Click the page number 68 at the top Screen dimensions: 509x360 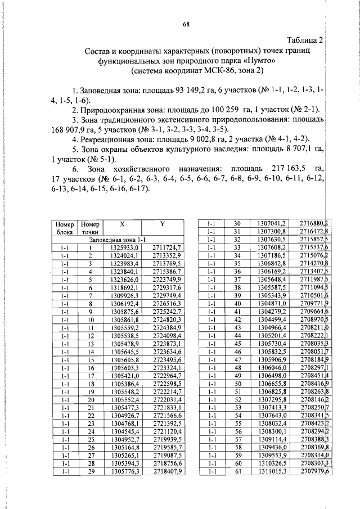(x=186, y=24)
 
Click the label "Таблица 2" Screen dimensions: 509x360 (x=305, y=40)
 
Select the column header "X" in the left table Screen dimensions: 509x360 (x=123, y=223)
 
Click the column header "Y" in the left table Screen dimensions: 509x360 (x=162, y=223)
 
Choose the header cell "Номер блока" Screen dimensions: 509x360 (x=64, y=227)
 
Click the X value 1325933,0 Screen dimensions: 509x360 (x=122, y=247)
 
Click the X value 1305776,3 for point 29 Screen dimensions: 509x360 (x=122, y=471)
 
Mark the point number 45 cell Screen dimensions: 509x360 (x=237, y=343)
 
